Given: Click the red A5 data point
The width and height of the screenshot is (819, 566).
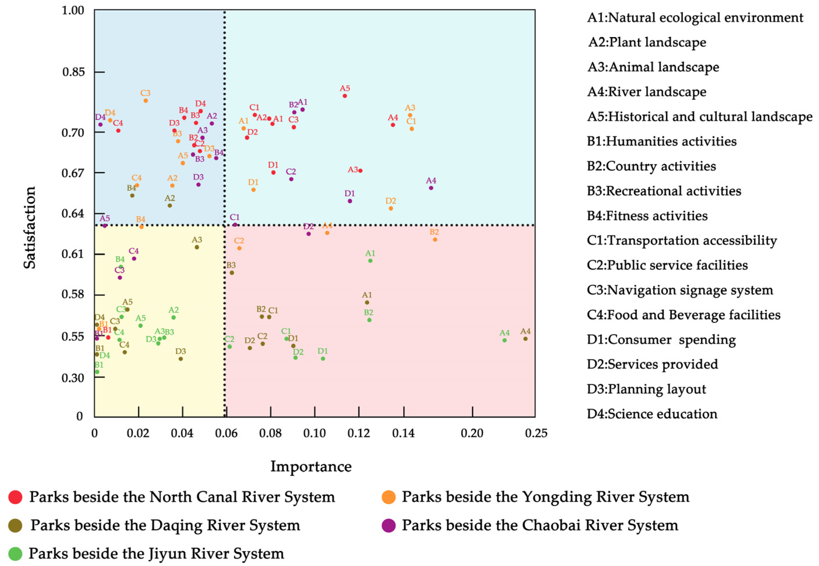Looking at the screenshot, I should pos(345,96).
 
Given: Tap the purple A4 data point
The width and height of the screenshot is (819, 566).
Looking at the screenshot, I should pos(431,188).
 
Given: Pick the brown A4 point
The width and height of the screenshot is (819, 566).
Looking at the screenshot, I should pos(526,339).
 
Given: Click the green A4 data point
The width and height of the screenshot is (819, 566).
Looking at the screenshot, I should pos(505,340).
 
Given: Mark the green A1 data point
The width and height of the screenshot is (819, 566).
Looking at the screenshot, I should pos(370,261).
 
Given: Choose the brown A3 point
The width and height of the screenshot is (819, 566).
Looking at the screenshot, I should pos(197,247).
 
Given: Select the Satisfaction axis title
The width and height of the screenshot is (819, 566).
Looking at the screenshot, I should pos(30,228).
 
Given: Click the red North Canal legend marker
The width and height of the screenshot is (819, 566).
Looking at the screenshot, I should pos(15,497).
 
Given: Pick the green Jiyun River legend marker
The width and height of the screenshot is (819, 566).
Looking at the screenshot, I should pos(15,553).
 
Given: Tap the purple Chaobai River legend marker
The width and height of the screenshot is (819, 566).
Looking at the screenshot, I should pos(389,525).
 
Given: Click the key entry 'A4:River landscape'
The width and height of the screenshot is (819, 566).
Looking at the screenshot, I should pos(647,92).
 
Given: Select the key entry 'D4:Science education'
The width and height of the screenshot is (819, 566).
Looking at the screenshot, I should pos(652,414).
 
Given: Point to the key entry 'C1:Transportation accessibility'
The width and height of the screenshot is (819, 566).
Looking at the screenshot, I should pos(682,240).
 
